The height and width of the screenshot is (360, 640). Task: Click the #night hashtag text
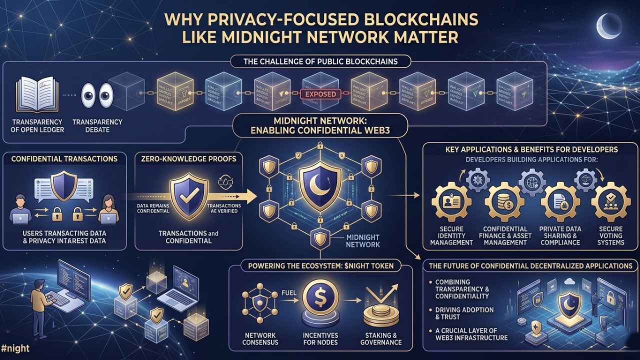coord(15,348)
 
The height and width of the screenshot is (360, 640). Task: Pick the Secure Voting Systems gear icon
coord(610,202)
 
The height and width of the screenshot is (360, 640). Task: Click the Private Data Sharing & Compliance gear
coord(559,202)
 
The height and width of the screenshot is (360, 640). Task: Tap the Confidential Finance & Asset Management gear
coord(505,202)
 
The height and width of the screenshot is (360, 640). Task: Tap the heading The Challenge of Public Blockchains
coord(320,62)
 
